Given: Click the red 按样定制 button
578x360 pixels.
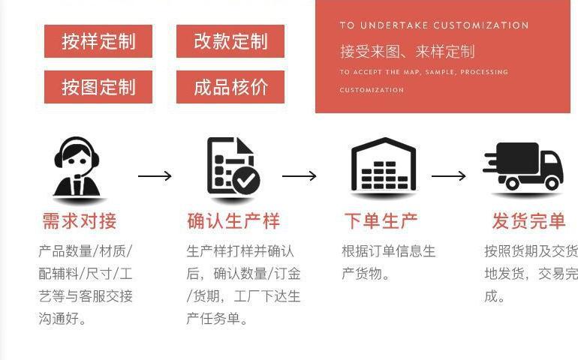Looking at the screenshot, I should (x=98, y=41).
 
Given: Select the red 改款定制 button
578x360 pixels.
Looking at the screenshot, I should (x=230, y=41).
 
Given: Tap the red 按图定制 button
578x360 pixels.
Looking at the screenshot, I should (x=98, y=87).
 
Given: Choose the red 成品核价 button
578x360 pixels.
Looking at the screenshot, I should (x=230, y=87).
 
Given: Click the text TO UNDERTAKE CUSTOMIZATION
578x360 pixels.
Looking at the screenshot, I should (x=434, y=25).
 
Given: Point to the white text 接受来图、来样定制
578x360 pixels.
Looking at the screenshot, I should (x=407, y=52).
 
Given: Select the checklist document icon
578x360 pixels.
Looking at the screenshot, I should (x=231, y=166).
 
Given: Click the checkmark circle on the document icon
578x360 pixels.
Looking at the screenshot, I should (x=245, y=180).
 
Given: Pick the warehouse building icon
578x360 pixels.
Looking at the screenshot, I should (x=384, y=165).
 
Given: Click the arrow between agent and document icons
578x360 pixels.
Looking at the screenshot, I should (x=155, y=176).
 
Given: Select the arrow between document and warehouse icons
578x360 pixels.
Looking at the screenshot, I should (x=299, y=176).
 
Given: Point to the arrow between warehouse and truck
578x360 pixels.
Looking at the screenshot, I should (x=448, y=176).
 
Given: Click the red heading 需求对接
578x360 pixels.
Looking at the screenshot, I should (x=79, y=221).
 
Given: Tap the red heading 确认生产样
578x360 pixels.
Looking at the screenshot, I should (x=233, y=221).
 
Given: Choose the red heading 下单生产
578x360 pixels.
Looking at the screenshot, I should (x=381, y=221).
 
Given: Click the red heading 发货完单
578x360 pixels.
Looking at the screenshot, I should (x=529, y=221).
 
